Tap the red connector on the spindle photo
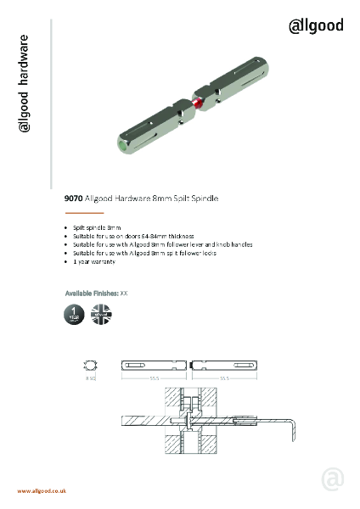(197, 103)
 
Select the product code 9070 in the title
(73, 199)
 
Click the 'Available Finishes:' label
(92, 293)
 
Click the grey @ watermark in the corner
(333, 479)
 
